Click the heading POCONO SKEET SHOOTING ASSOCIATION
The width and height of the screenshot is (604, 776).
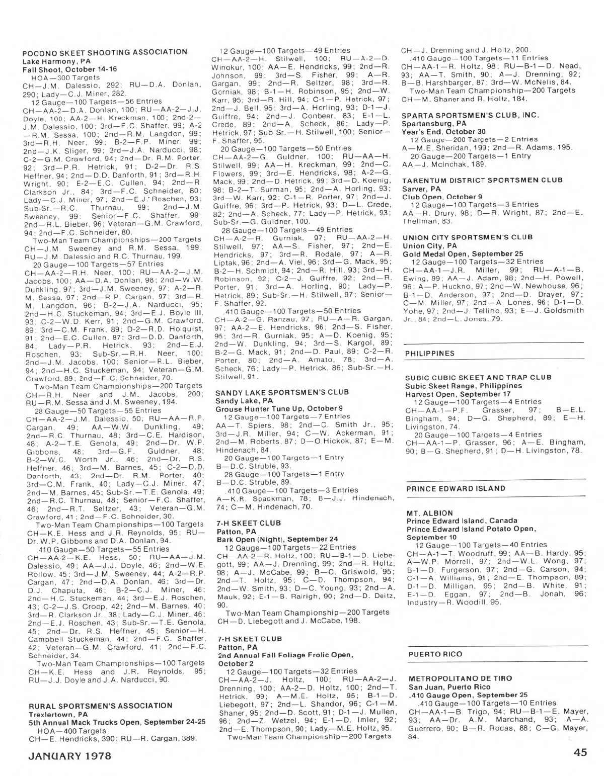(105, 52)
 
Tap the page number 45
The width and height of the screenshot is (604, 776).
(579, 753)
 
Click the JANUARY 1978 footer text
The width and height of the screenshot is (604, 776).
(69, 755)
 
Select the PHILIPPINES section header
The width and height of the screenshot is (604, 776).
(429, 353)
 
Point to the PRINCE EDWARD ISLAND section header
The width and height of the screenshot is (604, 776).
(456, 488)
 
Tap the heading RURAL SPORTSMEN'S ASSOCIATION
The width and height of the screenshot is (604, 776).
(100, 706)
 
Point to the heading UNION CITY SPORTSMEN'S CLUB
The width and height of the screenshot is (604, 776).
(468, 237)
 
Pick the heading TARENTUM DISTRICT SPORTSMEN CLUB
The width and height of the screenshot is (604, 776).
(482, 180)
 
